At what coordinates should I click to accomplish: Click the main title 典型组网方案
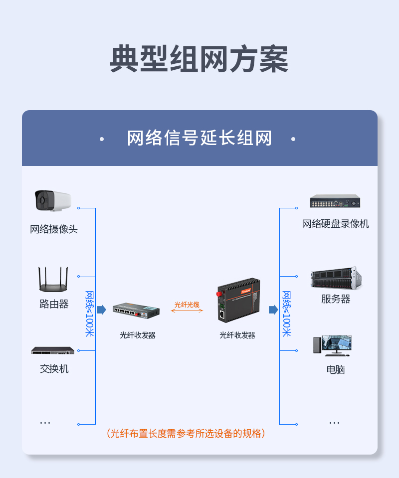(199, 59)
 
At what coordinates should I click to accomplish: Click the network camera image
(53, 200)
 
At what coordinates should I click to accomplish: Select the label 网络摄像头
(54, 229)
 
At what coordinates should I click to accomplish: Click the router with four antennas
(53, 279)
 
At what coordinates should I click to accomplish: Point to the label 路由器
(54, 304)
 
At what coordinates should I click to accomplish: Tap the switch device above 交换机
(52, 350)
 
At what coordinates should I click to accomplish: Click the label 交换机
(54, 369)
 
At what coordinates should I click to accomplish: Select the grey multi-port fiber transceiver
(136, 311)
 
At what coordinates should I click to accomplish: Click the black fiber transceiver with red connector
(238, 300)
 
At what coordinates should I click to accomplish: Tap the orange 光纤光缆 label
(187, 305)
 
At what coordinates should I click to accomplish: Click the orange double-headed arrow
(187, 311)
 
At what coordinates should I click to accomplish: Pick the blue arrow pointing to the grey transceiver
(101, 310)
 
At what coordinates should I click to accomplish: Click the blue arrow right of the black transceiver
(273, 310)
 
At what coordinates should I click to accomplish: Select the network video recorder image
(335, 201)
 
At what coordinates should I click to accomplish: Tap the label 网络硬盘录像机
(335, 224)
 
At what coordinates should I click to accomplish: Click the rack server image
(336, 278)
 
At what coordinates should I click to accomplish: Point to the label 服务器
(336, 299)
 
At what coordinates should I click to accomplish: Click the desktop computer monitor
(337, 344)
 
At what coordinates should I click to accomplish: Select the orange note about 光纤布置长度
(186, 433)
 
